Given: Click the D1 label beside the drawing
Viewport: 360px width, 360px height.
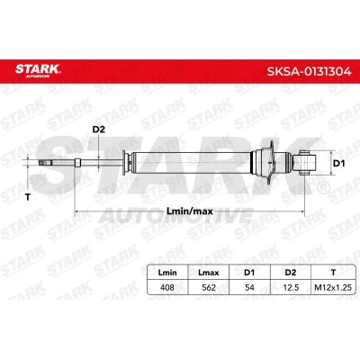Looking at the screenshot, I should (x=339, y=164).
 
